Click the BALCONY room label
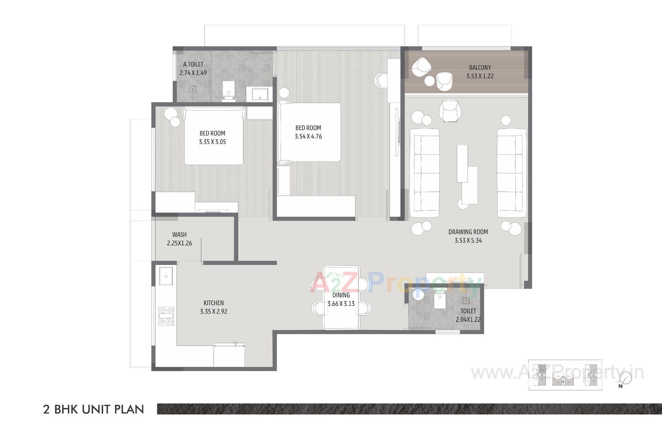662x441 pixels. [480, 68]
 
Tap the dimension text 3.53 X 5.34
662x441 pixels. [468, 240]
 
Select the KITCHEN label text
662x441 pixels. [213, 303]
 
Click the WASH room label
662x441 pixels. [179, 235]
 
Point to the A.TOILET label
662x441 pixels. [193, 64]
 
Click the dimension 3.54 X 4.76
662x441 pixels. [308, 136]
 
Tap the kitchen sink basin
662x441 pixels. [166, 276]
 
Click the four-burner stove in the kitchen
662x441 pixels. [166, 316]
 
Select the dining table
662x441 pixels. [341, 298]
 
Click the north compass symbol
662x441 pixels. [625, 378]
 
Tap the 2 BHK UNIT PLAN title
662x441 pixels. [93, 409]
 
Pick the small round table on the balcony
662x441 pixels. [430, 81]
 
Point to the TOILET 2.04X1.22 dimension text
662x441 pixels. [468, 319]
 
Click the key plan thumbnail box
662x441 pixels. [565, 375]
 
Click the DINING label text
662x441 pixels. [341, 295]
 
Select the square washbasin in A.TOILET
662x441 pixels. [260, 94]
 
